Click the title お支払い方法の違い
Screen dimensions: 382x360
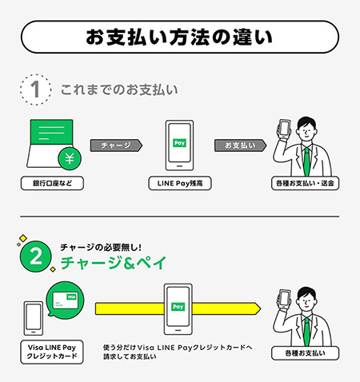(x=179, y=38)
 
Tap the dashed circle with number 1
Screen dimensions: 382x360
(x=34, y=90)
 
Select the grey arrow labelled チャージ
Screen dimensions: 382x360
(x=117, y=145)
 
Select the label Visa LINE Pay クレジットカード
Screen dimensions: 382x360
(x=53, y=352)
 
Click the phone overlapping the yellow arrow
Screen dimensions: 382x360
(x=179, y=308)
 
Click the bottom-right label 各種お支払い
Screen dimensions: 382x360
(x=304, y=352)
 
